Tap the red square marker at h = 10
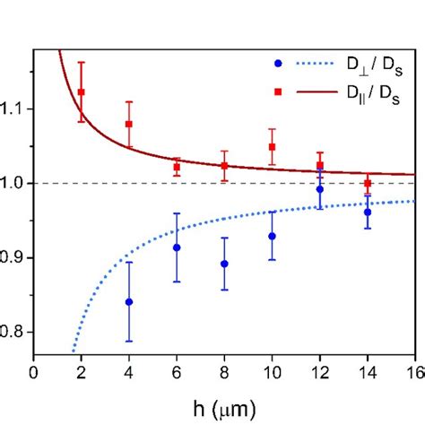(x=272, y=147)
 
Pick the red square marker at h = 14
(x=368, y=183)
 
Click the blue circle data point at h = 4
(x=129, y=302)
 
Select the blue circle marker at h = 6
(x=177, y=247)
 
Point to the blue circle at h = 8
(x=224, y=264)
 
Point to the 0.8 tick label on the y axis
(x=16, y=332)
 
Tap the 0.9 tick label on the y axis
(x=16, y=257)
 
